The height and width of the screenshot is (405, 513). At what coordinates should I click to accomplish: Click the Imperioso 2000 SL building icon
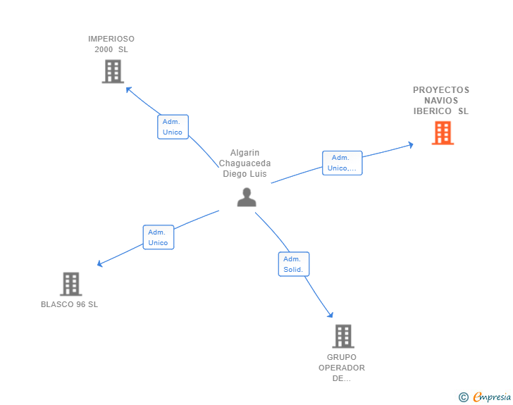[113, 71]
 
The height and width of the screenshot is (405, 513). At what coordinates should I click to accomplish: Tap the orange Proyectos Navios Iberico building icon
[443, 132]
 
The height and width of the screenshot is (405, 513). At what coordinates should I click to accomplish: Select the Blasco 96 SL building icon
[70, 284]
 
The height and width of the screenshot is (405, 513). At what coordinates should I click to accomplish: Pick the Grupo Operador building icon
[342, 336]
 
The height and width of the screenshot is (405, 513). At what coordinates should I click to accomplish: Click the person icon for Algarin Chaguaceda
[247, 197]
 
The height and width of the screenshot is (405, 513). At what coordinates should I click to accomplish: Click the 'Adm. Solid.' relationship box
[293, 264]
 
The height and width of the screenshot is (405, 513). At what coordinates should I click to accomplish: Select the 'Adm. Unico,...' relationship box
[342, 163]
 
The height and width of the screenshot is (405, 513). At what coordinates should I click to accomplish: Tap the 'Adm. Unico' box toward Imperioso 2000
[173, 127]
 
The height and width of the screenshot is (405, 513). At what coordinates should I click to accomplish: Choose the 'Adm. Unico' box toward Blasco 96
[158, 237]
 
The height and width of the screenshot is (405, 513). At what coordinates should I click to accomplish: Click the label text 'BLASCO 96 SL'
[69, 304]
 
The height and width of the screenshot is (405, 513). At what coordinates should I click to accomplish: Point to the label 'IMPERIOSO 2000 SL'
[111, 44]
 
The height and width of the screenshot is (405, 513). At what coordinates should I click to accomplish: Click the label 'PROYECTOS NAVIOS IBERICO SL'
[441, 101]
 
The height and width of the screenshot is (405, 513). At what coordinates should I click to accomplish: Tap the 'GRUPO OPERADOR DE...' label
[342, 368]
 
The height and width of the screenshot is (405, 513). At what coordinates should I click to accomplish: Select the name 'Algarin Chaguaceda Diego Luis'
[246, 163]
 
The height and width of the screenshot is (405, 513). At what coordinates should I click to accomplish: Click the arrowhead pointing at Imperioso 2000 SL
[128, 89]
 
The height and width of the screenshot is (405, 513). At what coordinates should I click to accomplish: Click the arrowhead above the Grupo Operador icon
[330, 315]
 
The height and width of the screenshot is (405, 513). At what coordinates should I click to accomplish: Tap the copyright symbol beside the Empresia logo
[463, 397]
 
